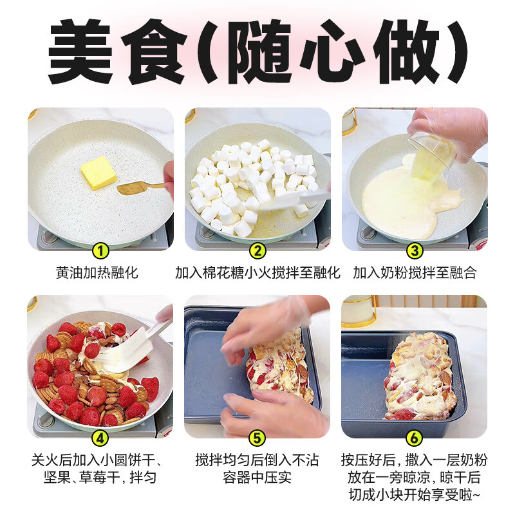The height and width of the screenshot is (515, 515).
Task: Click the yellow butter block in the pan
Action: tap(98, 173)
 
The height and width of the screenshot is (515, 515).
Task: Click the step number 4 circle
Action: tap(100, 438)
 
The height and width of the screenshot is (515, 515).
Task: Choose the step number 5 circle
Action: tap(257, 438)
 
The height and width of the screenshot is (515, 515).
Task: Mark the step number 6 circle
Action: tap(415, 438)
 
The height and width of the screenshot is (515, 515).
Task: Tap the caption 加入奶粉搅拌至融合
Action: tap(415, 272)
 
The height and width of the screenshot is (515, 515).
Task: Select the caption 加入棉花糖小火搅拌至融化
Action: tap(257, 272)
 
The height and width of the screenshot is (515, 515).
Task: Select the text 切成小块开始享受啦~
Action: tap(415, 495)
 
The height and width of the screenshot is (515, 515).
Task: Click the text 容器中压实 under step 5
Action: tap(257, 478)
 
